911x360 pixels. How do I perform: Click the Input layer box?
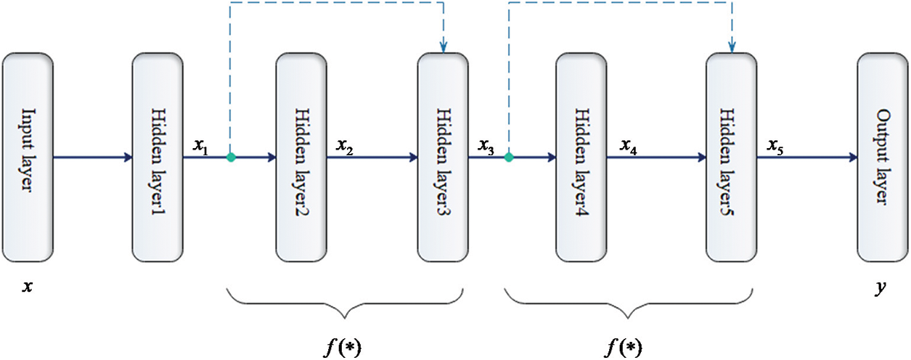click(28, 157)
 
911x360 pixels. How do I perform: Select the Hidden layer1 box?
click(158, 157)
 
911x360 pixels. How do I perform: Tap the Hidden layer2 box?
click(301, 157)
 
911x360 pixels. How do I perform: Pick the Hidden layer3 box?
click(443, 157)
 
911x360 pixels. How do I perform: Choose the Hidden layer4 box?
click(581, 157)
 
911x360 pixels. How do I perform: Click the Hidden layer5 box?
click(731, 157)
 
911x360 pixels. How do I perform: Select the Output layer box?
click(883, 157)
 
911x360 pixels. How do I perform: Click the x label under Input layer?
click(28, 287)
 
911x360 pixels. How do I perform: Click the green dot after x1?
click(230, 157)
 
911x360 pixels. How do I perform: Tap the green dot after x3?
click(509, 157)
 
